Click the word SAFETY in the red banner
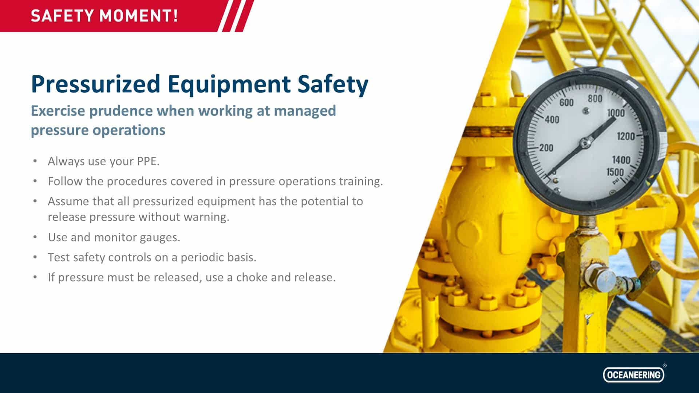point(63,16)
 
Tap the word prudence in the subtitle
point(121,111)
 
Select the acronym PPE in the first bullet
point(148,161)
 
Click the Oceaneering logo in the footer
point(633,374)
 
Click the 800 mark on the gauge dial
point(595,99)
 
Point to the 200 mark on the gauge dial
point(546,148)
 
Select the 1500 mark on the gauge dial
point(615,172)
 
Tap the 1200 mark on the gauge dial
point(626,136)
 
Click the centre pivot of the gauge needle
point(585,143)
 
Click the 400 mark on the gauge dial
point(552,119)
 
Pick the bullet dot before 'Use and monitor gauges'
point(35,237)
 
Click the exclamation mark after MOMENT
point(175,16)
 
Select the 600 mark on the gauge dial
point(566,103)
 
